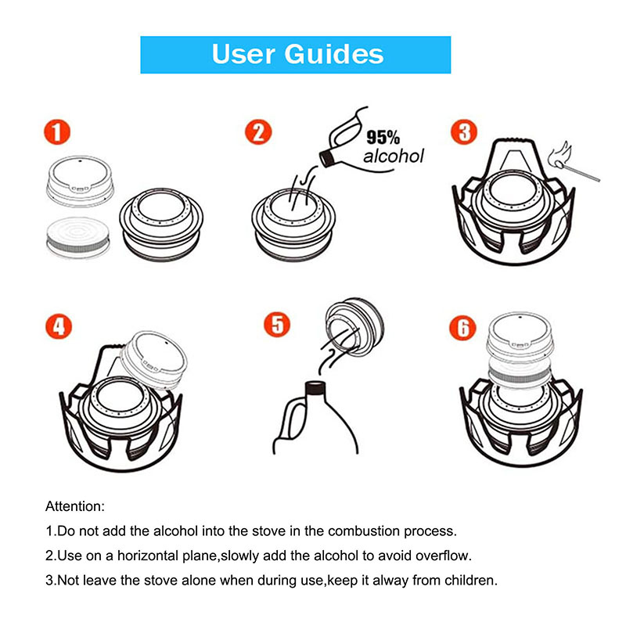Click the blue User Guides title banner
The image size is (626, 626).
[296, 54]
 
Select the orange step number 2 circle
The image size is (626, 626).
[258, 131]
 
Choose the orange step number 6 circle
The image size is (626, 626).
[464, 327]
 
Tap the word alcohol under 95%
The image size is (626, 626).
[394, 156]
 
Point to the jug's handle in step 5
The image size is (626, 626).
[292, 419]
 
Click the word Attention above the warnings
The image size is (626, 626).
[75, 506]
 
